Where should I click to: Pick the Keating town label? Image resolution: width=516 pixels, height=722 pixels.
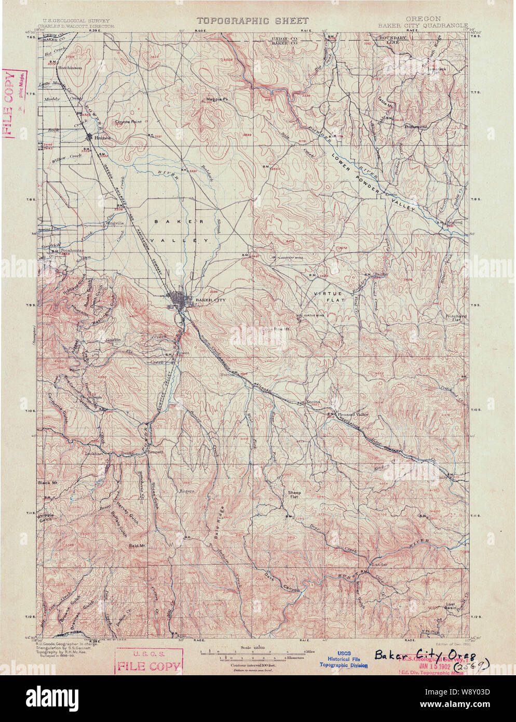tap(453, 222)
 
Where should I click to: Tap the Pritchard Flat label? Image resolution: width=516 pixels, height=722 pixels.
tap(456, 318)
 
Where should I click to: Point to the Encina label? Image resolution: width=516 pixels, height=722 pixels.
tap(313, 402)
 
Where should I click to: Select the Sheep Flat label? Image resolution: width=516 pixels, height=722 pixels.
tap(294, 494)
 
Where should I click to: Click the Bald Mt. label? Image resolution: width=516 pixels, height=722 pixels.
tap(139, 546)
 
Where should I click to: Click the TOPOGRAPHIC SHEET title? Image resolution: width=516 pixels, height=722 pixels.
tap(252, 21)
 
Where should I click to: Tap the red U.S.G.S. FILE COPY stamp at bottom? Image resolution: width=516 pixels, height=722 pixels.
tap(149, 662)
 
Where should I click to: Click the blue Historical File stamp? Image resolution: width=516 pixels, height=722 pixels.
tap(343, 659)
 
